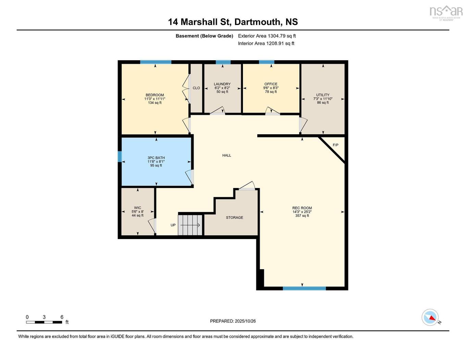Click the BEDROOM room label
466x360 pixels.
(x=155, y=95)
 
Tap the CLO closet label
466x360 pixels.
(x=196, y=88)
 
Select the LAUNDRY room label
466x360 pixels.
(x=222, y=84)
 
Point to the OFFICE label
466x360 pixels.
(x=271, y=84)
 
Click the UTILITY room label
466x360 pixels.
(x=322, y=95)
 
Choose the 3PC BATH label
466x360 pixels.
(x=156, y=158)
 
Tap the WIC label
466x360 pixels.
(x=137, y=208)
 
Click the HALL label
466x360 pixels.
(x=226, y=156)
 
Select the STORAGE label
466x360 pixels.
(x=234, y=218)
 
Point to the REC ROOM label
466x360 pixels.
(x=302, y=208)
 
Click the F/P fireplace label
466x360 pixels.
(x=335, y=145)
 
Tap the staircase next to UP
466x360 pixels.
(x=190, y=225)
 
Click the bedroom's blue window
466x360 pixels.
(x=156, y=62)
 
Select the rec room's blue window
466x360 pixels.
(x=304, y=288)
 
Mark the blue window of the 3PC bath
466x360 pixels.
(x=120, y=157)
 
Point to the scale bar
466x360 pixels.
(x=44, y=322)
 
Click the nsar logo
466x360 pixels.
(x=446, y=12)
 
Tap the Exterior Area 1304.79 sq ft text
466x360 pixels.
(x=267, y=36)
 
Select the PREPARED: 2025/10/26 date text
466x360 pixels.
(x=233, y=321)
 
